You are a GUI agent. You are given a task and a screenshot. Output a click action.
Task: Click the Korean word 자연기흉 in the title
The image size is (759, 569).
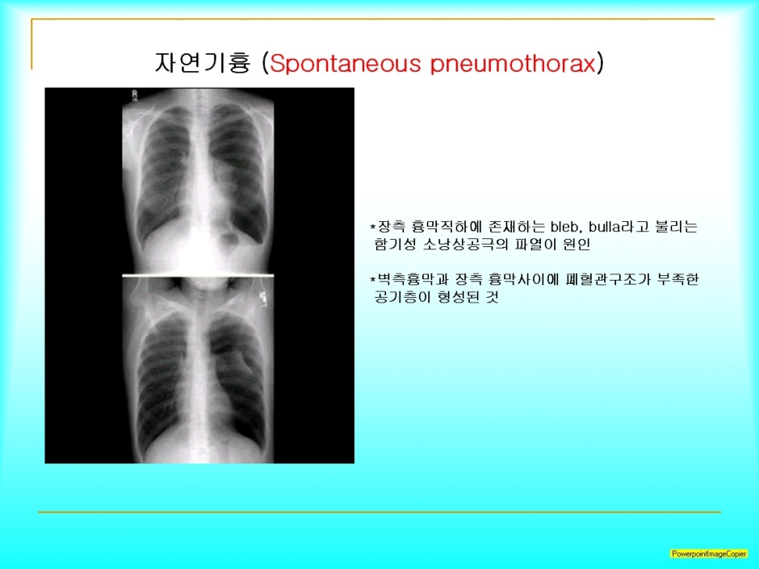point(203,62)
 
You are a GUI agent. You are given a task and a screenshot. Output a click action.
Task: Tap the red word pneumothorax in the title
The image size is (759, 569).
point(513,64)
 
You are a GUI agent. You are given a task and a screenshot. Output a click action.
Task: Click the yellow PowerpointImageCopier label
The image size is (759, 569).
point(709,554)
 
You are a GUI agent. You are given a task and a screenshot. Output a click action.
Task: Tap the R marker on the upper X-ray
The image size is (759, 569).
point(135,94)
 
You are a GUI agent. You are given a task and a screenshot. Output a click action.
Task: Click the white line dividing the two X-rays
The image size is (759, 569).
point(198,275)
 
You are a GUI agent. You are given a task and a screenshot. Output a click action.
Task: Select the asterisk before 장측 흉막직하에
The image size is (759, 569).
point(373,227)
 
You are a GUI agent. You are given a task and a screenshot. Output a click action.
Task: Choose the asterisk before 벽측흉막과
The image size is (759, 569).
point(373,279)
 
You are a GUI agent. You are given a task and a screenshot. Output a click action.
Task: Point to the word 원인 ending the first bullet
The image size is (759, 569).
point(577,244)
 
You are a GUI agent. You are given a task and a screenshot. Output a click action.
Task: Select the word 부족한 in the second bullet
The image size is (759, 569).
point(677,279)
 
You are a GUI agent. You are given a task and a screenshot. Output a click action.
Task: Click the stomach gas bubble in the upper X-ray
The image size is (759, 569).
point(229,239)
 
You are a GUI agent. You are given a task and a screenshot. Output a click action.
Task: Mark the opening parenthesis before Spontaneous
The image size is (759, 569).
point(265,64)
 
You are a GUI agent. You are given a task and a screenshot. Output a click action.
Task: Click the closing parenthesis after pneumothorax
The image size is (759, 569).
point(600,64)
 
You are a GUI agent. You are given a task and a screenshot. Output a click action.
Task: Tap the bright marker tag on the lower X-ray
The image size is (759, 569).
point(264,298)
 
